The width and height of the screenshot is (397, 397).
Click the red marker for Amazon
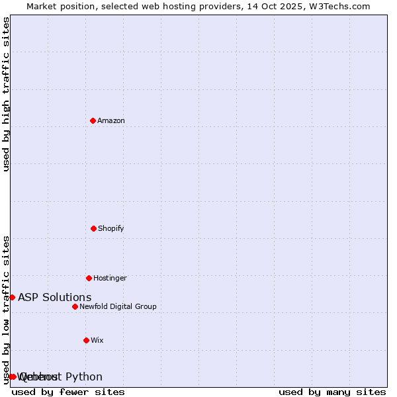pos(93,120)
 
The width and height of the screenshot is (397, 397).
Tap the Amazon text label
pos(111,120)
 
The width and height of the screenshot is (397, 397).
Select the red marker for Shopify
pos(93,228)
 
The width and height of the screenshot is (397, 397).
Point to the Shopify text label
pos(111,229)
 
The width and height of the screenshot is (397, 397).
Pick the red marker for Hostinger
pos(89,278)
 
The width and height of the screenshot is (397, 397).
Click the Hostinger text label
pos(110,278)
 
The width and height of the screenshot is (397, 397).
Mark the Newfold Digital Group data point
pos(75,306)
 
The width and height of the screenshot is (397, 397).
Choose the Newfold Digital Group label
pos(118,306)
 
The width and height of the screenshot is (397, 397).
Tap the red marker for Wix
pos(86,340)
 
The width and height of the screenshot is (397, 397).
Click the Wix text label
pos(97,340)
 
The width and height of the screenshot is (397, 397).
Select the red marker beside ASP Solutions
pos(12,297)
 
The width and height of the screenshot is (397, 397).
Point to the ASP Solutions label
pos(55,297)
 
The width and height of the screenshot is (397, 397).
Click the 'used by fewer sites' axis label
pos(68,392)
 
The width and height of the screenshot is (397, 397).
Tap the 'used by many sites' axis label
pos(332,392)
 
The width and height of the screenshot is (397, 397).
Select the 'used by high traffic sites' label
pos(6,94)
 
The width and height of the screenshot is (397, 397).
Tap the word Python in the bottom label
pos(84,377)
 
